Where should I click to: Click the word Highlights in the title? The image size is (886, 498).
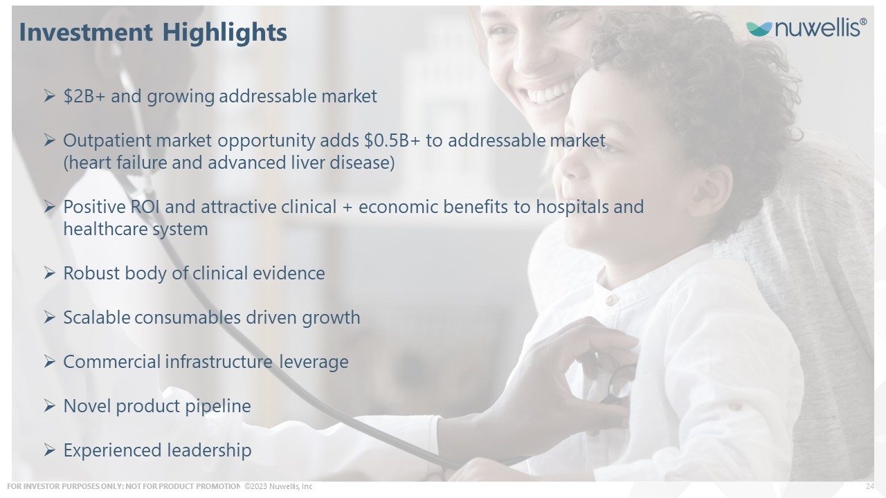225,33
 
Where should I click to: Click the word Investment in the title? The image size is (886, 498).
86,32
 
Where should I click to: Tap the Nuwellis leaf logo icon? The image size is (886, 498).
759,29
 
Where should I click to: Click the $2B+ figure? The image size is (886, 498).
84,96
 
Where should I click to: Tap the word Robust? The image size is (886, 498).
91,273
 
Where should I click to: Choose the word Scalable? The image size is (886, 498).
96,317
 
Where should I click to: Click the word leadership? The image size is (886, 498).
209,450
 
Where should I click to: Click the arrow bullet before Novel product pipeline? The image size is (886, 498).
49,406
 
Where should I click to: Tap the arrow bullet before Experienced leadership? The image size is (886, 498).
49,450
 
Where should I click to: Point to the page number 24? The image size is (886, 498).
870,486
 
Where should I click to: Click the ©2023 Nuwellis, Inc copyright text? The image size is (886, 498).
278,486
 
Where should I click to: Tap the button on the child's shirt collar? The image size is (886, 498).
611,299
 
